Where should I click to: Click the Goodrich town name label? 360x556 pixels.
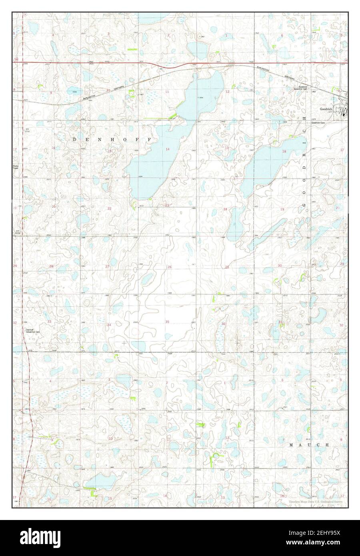[x=326, y=108]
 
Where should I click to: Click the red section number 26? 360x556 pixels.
[x=170, y=267]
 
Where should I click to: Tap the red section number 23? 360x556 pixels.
[x=168, y=205]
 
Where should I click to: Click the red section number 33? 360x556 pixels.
[x=50, y=322]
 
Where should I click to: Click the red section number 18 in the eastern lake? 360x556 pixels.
[x=284, y=151]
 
